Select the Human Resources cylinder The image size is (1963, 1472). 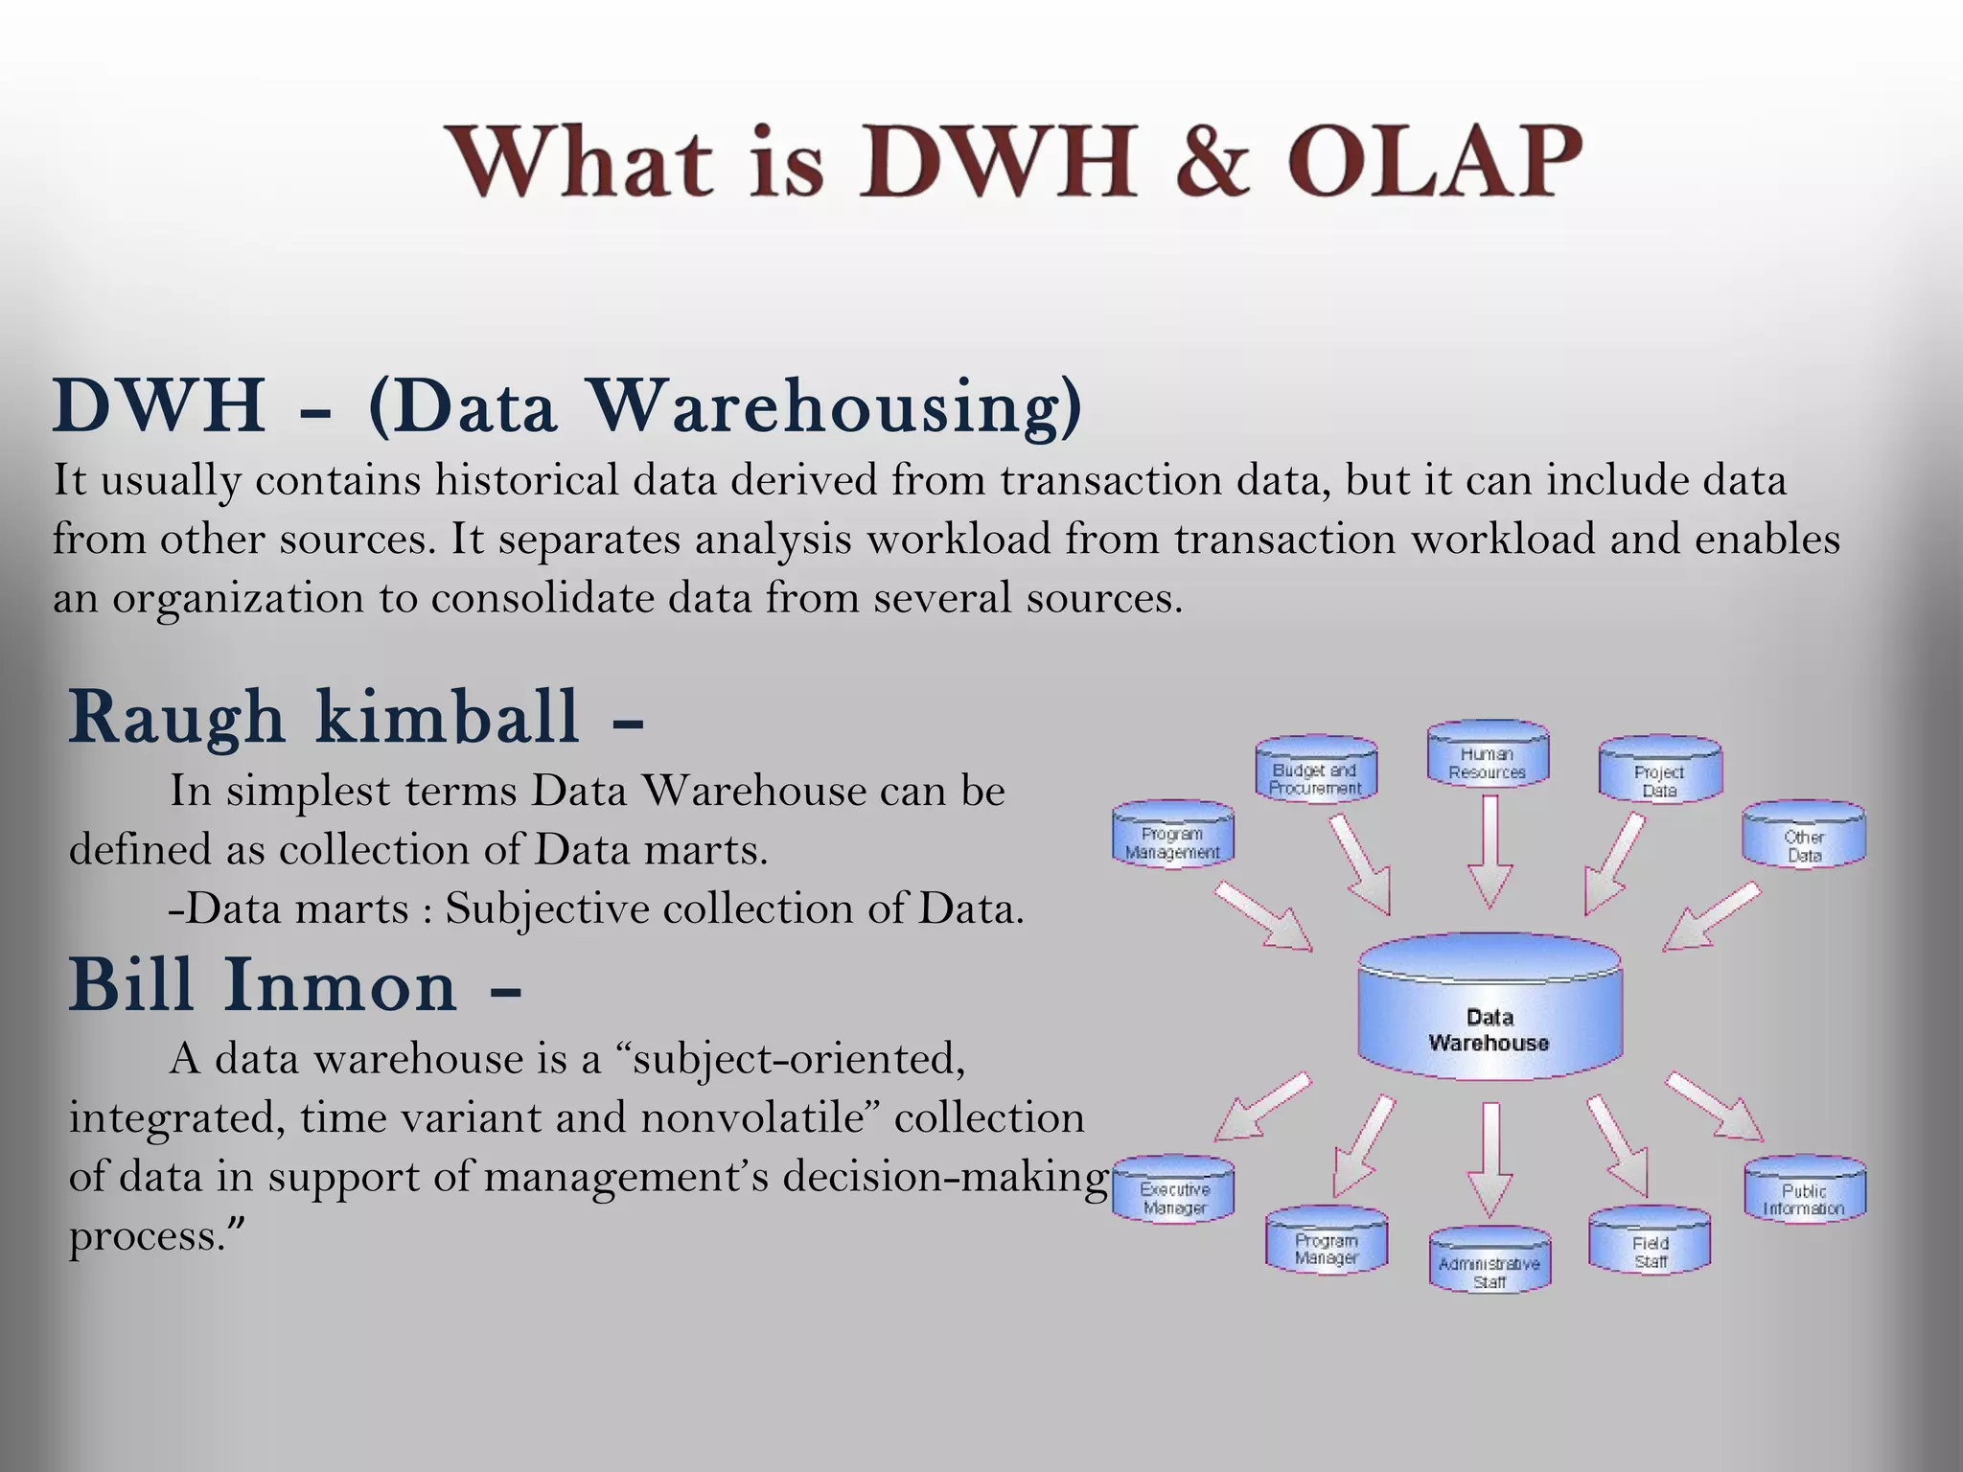coord(1488,757)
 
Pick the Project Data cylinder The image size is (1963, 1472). coord(1659,773)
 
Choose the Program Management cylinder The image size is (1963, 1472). coord(1172,837)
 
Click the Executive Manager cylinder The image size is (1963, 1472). coord(1174,1191)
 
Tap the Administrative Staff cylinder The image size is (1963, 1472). coord(1490,1263)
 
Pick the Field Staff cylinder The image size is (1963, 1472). coord(1650,1244)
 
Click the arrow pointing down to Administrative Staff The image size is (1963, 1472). coord(1490,1160)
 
